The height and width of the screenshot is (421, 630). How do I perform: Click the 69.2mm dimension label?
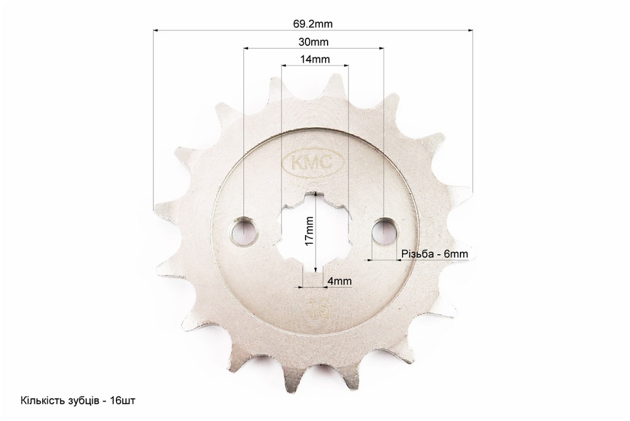click(312, 24)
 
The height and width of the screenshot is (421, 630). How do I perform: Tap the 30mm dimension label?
click(313, 42)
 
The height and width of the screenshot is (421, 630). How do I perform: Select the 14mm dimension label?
click(314, 59)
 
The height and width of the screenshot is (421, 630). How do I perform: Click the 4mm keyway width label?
click(340, 281)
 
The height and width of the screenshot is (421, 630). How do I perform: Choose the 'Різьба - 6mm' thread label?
click(435, 254)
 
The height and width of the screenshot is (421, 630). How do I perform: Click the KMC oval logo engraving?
click(313, 163)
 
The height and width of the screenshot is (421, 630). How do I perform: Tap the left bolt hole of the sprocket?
click(243, 231)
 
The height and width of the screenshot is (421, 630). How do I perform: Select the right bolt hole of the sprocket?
click(384, 231)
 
